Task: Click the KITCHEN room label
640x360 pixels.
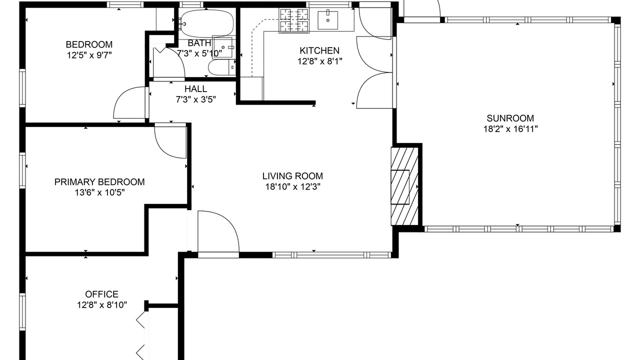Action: point(319,50)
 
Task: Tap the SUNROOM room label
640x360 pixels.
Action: point(510,118)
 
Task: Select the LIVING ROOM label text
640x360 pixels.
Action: point(292,176)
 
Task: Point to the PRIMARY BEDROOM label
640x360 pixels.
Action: point(99,182)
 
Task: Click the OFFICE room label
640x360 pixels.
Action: point(101,294)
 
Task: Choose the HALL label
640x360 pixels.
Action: point(195,89)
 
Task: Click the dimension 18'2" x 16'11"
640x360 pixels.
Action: point(510,129)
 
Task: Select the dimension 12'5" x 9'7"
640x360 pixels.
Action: point(89,55)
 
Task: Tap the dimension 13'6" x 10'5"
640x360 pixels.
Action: point(99,193)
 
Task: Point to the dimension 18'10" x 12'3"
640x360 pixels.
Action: point(292,187)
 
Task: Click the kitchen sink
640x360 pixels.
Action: point(327,20)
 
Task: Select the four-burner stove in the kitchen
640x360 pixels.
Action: point(294,20)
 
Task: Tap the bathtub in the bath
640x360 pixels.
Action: point(207,23)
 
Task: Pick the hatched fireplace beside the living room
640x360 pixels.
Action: point(404,186)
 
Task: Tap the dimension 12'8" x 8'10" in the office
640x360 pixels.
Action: point(102,305)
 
